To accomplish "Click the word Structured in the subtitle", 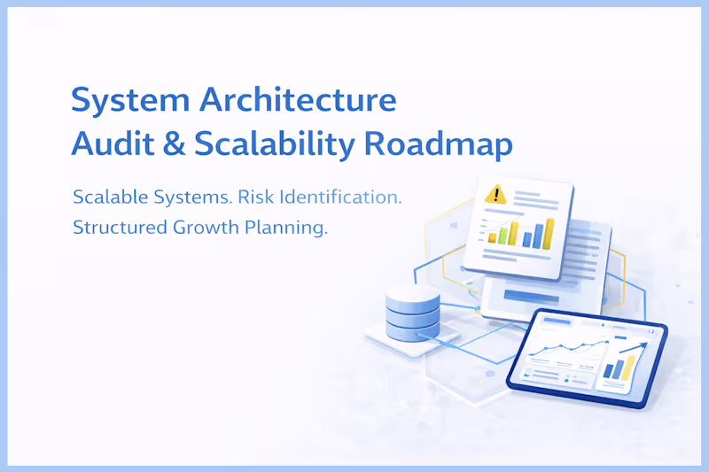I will pos(113,228).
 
